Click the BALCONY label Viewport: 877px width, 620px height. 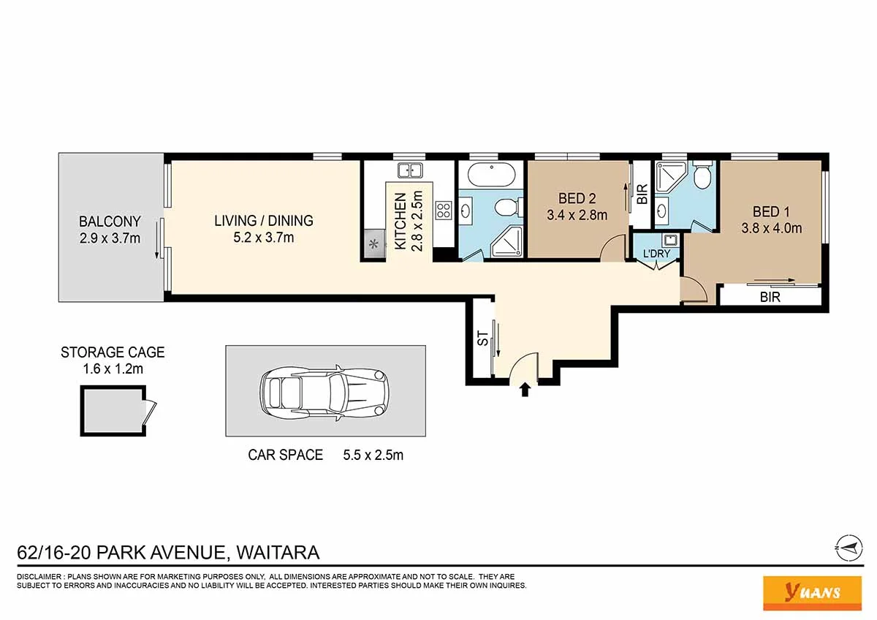coord(110,222)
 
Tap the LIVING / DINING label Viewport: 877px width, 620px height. coord(264,221)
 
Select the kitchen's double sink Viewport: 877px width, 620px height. coord(410,170)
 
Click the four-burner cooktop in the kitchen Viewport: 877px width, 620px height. coord(444,210)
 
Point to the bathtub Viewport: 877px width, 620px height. coord(491,175)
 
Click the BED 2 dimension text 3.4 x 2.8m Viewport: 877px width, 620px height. coord(577,215)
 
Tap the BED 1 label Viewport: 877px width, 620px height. coord(771,212)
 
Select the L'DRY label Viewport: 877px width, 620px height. coord(656,254)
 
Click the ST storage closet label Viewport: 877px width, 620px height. coord(484,339)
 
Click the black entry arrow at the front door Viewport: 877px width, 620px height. coord(525,390)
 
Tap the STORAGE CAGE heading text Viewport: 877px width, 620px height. coord(113,352)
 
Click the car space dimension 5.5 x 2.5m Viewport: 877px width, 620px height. coord(373,455)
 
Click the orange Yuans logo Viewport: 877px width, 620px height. coord(813,593)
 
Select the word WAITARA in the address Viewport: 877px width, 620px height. coord(278,553)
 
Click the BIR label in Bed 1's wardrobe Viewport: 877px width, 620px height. coord(770,298)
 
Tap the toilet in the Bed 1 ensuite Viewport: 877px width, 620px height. coord(703,175)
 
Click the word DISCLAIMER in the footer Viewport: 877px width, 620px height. coord(39,577)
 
